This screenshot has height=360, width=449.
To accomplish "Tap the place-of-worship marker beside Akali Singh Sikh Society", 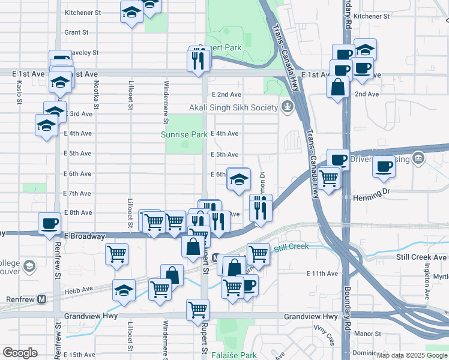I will tap(288, 107).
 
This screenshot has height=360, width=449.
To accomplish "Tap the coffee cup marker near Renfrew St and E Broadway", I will tap(50, 223).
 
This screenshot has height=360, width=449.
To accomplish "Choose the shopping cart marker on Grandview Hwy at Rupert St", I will tap(197, 310).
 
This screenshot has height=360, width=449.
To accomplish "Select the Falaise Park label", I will tap(234, 355).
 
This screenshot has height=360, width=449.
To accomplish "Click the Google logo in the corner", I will tap(19, 353).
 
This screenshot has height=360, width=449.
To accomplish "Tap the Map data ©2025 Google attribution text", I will tap(412, 355).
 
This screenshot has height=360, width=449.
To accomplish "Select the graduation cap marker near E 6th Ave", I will tap(238, 179).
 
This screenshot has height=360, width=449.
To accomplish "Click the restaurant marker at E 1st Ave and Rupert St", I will tap(198, 59).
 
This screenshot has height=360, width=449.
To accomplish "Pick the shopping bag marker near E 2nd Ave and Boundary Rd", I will tap(338, 86).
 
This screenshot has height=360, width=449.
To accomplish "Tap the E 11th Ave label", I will tap(322, 274).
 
